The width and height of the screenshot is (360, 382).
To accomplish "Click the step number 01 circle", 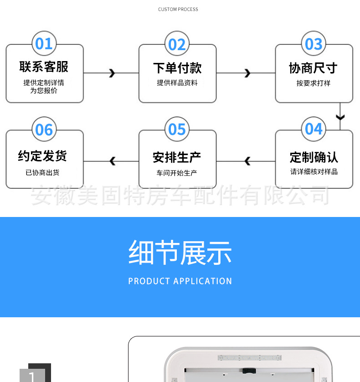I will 44,44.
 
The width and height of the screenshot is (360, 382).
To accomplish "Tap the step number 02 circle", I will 177,44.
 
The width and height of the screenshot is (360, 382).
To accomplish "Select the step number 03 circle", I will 314,44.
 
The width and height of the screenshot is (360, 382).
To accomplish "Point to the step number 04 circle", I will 314,129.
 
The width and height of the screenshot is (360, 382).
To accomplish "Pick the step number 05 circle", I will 177,129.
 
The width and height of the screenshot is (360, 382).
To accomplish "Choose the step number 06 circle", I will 44,129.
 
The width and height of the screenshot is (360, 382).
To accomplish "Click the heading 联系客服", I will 44,67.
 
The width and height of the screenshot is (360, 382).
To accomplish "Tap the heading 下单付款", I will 177,68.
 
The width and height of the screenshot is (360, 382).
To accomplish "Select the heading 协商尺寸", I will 314,68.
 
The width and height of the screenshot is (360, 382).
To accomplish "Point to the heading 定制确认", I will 314,157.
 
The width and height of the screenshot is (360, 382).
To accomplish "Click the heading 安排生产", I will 177,158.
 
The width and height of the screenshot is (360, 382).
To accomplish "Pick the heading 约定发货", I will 43,156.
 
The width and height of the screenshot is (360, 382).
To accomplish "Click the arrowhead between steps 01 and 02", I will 112,73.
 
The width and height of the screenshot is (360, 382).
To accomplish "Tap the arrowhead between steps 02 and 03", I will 247,73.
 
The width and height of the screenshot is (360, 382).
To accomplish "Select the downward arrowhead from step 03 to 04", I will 340,118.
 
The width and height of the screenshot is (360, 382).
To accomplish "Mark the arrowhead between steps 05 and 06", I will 113,161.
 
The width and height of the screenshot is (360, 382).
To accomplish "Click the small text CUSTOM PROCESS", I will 178,10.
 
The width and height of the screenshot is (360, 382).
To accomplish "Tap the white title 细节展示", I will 180,253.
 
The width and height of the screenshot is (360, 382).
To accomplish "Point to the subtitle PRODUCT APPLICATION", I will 180,281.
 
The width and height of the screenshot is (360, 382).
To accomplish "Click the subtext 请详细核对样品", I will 314,172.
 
